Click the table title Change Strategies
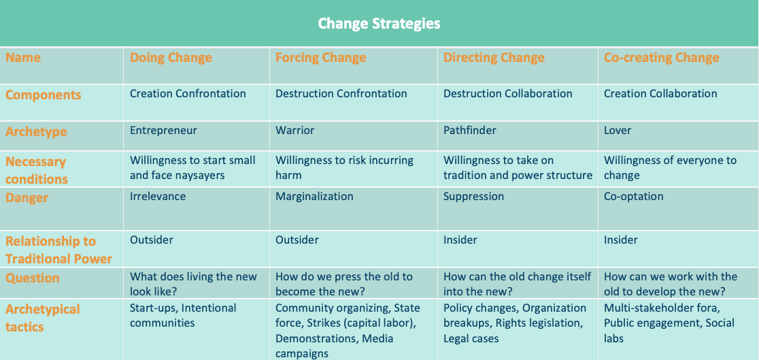[x=379, y=23]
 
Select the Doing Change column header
[x=171, y=58]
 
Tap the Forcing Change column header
[x=320, y=58]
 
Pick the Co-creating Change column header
[x=661, y=58]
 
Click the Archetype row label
[x=36, y=131]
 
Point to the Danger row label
[x=27, y=198]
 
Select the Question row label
[x=33, y=278]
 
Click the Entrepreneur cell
[x=163, y=131]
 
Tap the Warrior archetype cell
[x=294, y=131]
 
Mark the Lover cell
[x=617, y=131]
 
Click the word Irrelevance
[x=158, y=196]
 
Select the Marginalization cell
[x=314, y=196]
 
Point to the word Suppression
[x=473, y=196]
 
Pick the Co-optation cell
[x=634, y=196]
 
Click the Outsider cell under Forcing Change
[x=297, y=240]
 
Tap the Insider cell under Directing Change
[x=460, y=240]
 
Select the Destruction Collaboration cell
[x=508, y=93]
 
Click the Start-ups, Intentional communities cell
[x=183, y=315]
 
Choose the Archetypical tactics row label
[x=43, y=318]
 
